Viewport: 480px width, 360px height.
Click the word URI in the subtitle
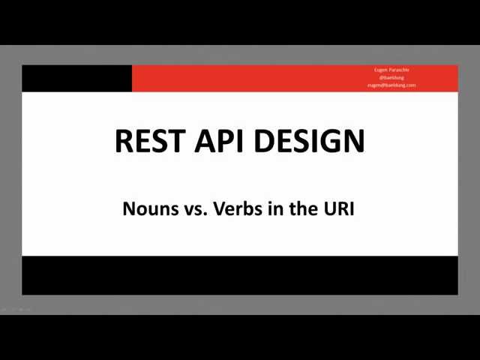click(339, 208)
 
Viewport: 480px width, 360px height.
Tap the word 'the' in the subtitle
click(304, 208)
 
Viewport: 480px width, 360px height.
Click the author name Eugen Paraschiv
click(391, 70)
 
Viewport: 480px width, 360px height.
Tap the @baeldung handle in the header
click(391, 77)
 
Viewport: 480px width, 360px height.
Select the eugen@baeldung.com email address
click(391, 85)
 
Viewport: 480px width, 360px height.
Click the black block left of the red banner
click(76, 78)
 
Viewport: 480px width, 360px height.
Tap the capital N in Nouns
click(128, 208)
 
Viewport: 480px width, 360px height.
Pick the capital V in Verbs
click(218, 208)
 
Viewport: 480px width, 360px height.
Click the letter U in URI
click(330, 208)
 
